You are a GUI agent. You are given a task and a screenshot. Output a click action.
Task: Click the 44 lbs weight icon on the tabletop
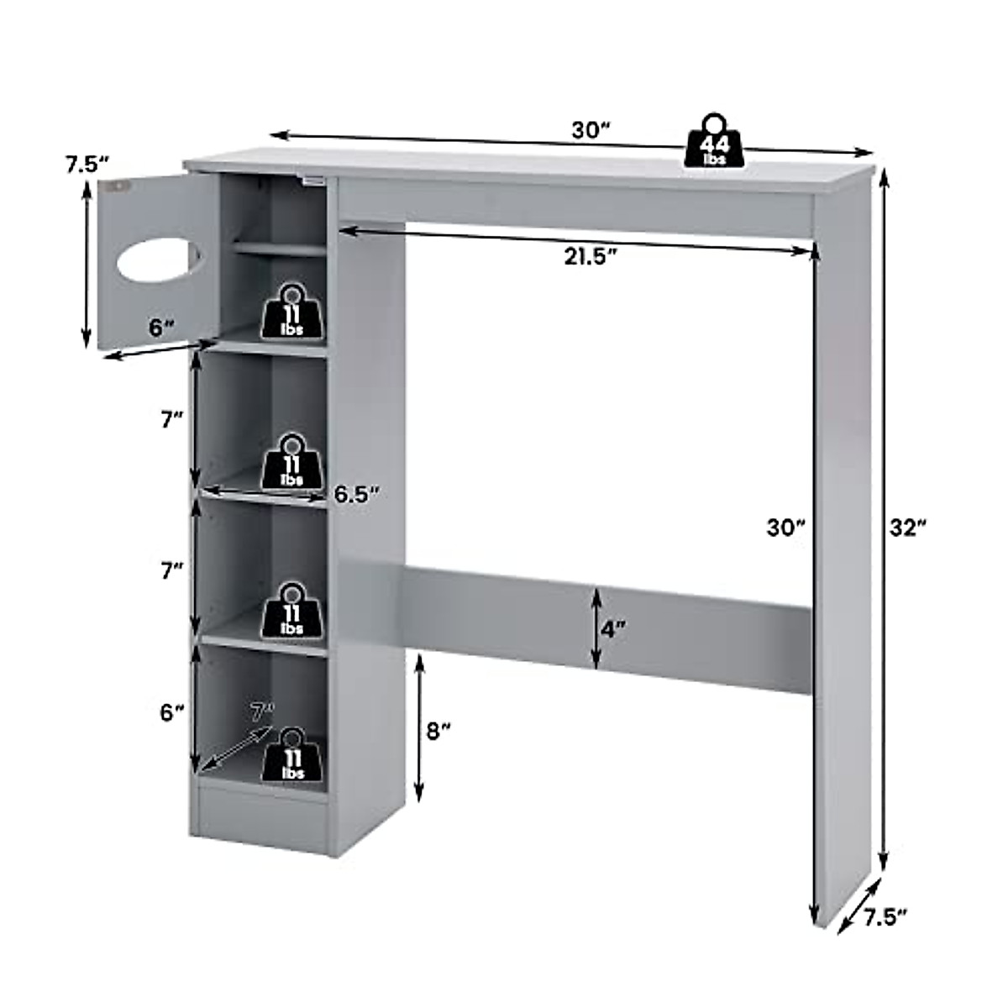713,142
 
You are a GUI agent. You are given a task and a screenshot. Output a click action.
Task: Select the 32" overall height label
907,527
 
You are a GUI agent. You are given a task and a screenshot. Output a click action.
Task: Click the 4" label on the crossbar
613,627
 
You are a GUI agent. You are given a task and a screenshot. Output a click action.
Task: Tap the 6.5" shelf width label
358,493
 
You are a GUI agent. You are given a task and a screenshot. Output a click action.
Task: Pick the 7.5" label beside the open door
87,165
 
